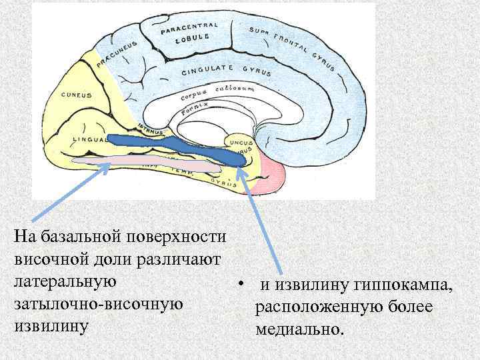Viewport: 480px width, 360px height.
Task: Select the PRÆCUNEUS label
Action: point(117,52)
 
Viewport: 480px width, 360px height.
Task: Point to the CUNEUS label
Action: point(76,95)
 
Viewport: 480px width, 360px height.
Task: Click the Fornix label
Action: point(195,107)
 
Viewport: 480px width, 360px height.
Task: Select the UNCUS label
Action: point(241,142)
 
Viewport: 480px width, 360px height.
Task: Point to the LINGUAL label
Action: point(89,139)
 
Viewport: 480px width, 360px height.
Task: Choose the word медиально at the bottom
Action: point(297,330)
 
